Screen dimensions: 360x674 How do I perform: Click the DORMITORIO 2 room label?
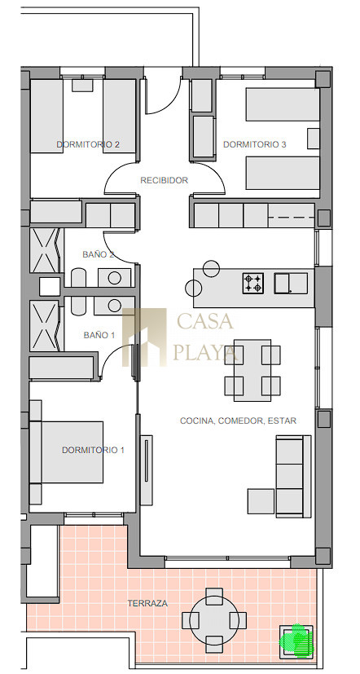[x=88, y=144]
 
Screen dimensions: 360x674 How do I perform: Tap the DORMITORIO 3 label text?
[x=254, y=144]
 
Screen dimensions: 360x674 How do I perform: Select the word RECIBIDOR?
[x=164, y=181]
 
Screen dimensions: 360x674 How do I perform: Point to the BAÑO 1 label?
[x=99, y=335]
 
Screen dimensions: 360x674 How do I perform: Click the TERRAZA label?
[x=147, y=604]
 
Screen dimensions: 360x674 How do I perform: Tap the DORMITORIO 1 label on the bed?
[x=93, y=450]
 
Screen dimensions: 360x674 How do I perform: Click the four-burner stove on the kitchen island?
[x=253, y=284]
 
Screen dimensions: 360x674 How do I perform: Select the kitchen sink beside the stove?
[x=291, y=284]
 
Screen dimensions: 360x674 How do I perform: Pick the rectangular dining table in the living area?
[x=252, y=370]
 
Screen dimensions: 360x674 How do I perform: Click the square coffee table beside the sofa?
[x=261, y=501]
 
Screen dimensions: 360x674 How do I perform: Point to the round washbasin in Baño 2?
[x=114, y=278]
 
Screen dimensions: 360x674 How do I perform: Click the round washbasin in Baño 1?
[x=114, y=306]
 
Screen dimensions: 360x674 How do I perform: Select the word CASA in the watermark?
[x=205, y=322]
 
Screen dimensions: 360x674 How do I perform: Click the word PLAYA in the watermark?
[x=205, y=352]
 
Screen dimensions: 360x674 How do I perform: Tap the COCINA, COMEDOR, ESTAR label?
[x=238, y=421]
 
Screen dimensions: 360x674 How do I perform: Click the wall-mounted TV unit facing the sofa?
[x=147, y=469]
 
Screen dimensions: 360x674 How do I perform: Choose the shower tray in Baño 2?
[x=44, y=250]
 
